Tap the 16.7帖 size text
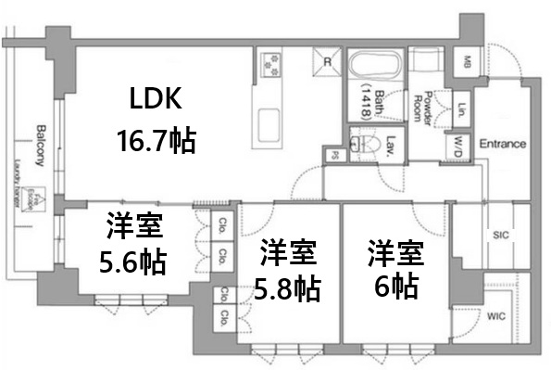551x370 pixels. point(156,140)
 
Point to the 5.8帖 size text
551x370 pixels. point(288,289)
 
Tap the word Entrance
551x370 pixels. point(503,144)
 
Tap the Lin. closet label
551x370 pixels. point(460,109)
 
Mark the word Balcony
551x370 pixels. point(41,144)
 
